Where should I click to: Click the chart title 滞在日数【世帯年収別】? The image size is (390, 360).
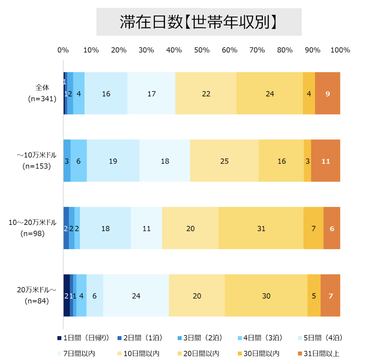tap(199, 22)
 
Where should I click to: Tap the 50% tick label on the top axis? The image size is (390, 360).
tap(202, 50)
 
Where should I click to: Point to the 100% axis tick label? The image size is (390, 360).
tap(340, 50)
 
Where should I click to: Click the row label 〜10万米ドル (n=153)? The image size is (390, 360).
tap(37, 161)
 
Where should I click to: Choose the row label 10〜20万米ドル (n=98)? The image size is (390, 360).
tap(33, 228)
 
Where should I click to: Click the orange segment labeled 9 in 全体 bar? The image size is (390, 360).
tap(328, 94)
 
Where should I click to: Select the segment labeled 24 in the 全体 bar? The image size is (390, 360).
tap(269, 94)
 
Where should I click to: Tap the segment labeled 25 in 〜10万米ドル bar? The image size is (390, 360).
tap(224, 161)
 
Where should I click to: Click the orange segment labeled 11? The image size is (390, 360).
tap(326, 161)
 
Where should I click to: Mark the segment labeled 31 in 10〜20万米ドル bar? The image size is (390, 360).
tap(261, 228)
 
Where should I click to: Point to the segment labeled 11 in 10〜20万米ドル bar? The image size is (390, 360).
tap(146, 228)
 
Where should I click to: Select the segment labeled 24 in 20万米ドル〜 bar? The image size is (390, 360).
tap(136, 296)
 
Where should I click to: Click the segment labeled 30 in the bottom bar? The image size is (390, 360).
tap(266, 296)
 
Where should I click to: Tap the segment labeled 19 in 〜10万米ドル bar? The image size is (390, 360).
tap(113, 161)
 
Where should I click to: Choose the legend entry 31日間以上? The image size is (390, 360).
tap(318, 354)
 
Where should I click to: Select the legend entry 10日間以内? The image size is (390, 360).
tap(138, 354)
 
